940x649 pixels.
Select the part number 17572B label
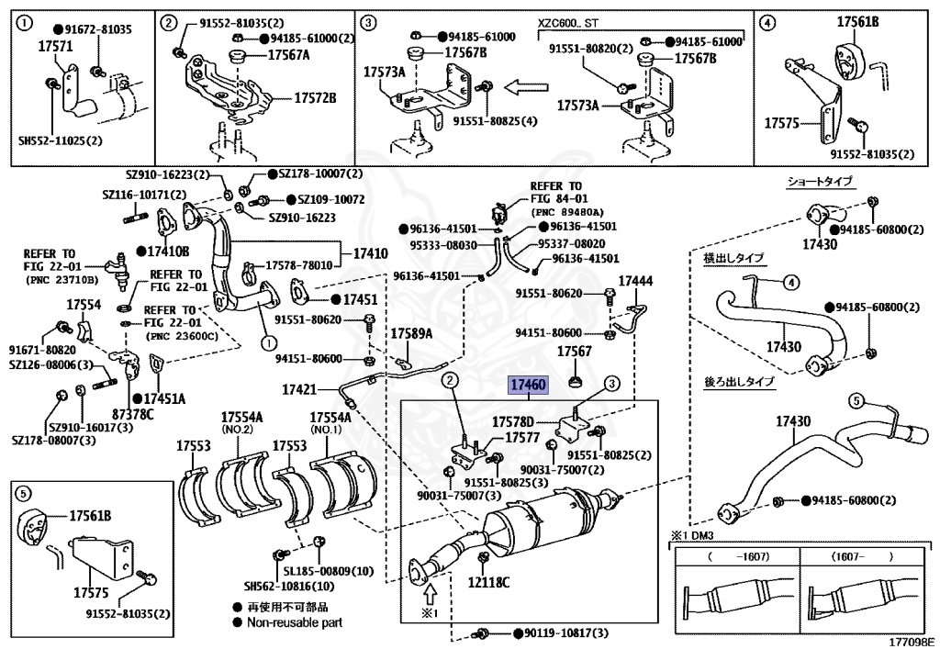[315, 96]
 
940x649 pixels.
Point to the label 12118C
[487, 580]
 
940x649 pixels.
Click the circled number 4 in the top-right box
[767, 20]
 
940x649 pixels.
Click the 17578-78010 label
[298, 264]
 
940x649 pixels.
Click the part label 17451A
[164, 398]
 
